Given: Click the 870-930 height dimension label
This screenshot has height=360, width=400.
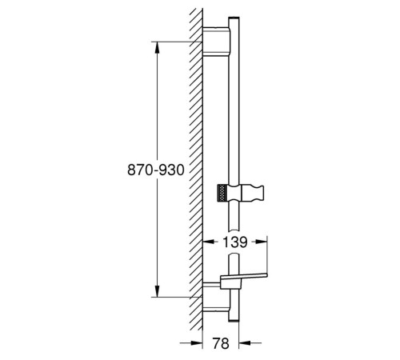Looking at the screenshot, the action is point(156,170).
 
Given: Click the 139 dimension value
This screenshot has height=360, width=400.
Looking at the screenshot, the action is point(235,242).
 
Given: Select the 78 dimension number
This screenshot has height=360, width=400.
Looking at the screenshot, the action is point(221,343).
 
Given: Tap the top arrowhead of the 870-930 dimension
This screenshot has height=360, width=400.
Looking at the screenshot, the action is point(158,47).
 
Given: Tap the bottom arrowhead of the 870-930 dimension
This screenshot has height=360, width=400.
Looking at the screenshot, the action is point(158,291).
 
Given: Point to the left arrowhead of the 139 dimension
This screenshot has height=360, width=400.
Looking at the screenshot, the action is point(209,242).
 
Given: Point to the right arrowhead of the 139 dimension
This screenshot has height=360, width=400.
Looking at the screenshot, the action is point(262,242).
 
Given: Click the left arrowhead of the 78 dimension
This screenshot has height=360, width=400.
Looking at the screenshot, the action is point(197,343).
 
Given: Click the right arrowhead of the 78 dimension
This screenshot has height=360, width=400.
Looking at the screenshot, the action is point(245,343).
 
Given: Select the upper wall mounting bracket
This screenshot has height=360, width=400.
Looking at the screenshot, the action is point(216,42).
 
